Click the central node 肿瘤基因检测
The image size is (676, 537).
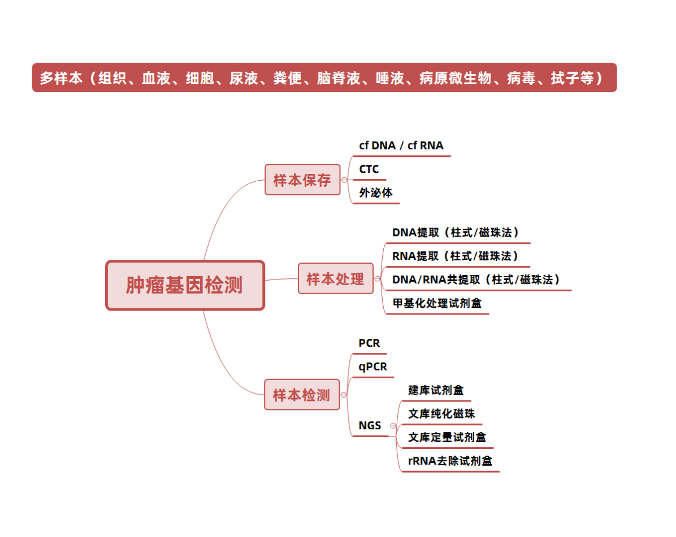185,285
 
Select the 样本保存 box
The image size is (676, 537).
302,180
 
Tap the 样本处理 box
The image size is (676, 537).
335,278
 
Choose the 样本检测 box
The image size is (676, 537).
302,395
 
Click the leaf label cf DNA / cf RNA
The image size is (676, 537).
401,146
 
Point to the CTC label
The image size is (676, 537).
369,169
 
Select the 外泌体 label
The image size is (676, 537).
375,193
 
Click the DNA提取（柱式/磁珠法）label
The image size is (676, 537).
455,233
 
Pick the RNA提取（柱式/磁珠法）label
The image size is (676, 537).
455,256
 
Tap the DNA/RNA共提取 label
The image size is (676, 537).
436,280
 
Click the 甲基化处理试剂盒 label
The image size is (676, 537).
437,303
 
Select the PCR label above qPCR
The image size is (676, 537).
369,343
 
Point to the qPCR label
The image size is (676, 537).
372,367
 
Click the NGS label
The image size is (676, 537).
370,425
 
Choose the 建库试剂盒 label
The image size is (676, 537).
435,390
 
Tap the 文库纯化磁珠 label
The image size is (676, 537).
441,414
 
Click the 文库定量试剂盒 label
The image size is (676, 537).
447,438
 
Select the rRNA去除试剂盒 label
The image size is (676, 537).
450,461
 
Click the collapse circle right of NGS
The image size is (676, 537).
393,425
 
